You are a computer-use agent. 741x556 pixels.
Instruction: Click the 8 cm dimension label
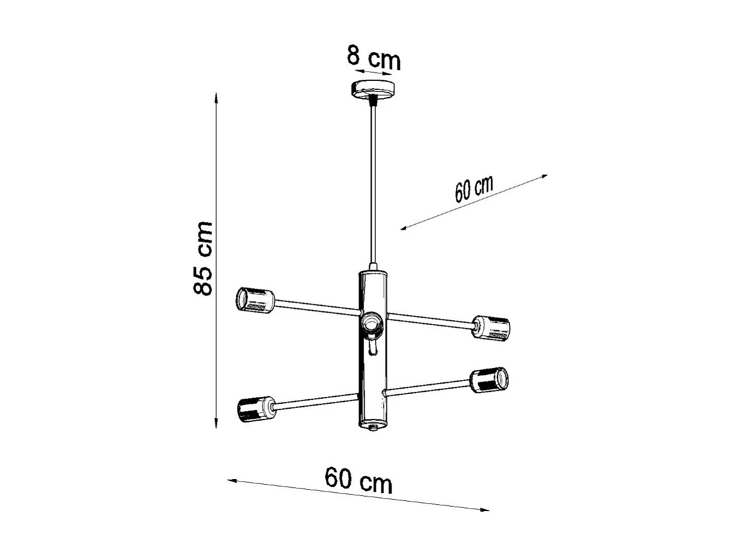[374, 58]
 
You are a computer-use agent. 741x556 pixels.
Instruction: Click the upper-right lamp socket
[491, 327]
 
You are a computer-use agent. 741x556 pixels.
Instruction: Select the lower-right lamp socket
[490, 380]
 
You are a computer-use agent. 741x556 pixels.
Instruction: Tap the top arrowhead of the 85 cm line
[217, 97]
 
